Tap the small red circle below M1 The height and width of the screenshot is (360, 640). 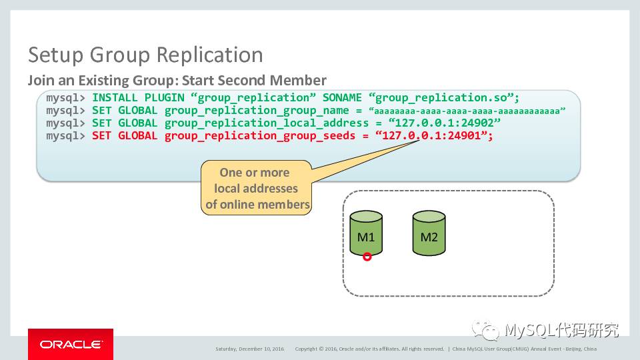coord(367,257)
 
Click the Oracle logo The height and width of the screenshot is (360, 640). coord(71,344)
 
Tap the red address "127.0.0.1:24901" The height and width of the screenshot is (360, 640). coord(433,136)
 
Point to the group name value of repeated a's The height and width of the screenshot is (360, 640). coord(467,111)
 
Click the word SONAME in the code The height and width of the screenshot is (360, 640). coord(343,97)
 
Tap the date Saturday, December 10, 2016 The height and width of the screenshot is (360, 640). coord(249,349)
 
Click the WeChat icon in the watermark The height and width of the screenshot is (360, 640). coord(485,330)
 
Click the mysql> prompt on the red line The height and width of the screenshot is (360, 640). coord(65,136)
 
